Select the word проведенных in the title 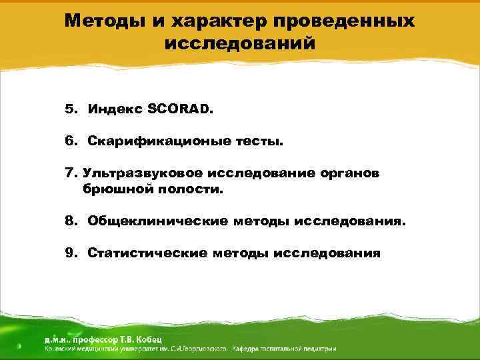(x=347, y=21)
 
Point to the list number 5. (x=70, y=109)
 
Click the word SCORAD (x=185, y=109)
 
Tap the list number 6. (x=70, y=141)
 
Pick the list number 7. (x=70, y=173)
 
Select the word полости (x=185, y=189)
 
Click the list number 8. (x=70, y=221)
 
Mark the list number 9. (x=70, y=253)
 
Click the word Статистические (x=147, y=253)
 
